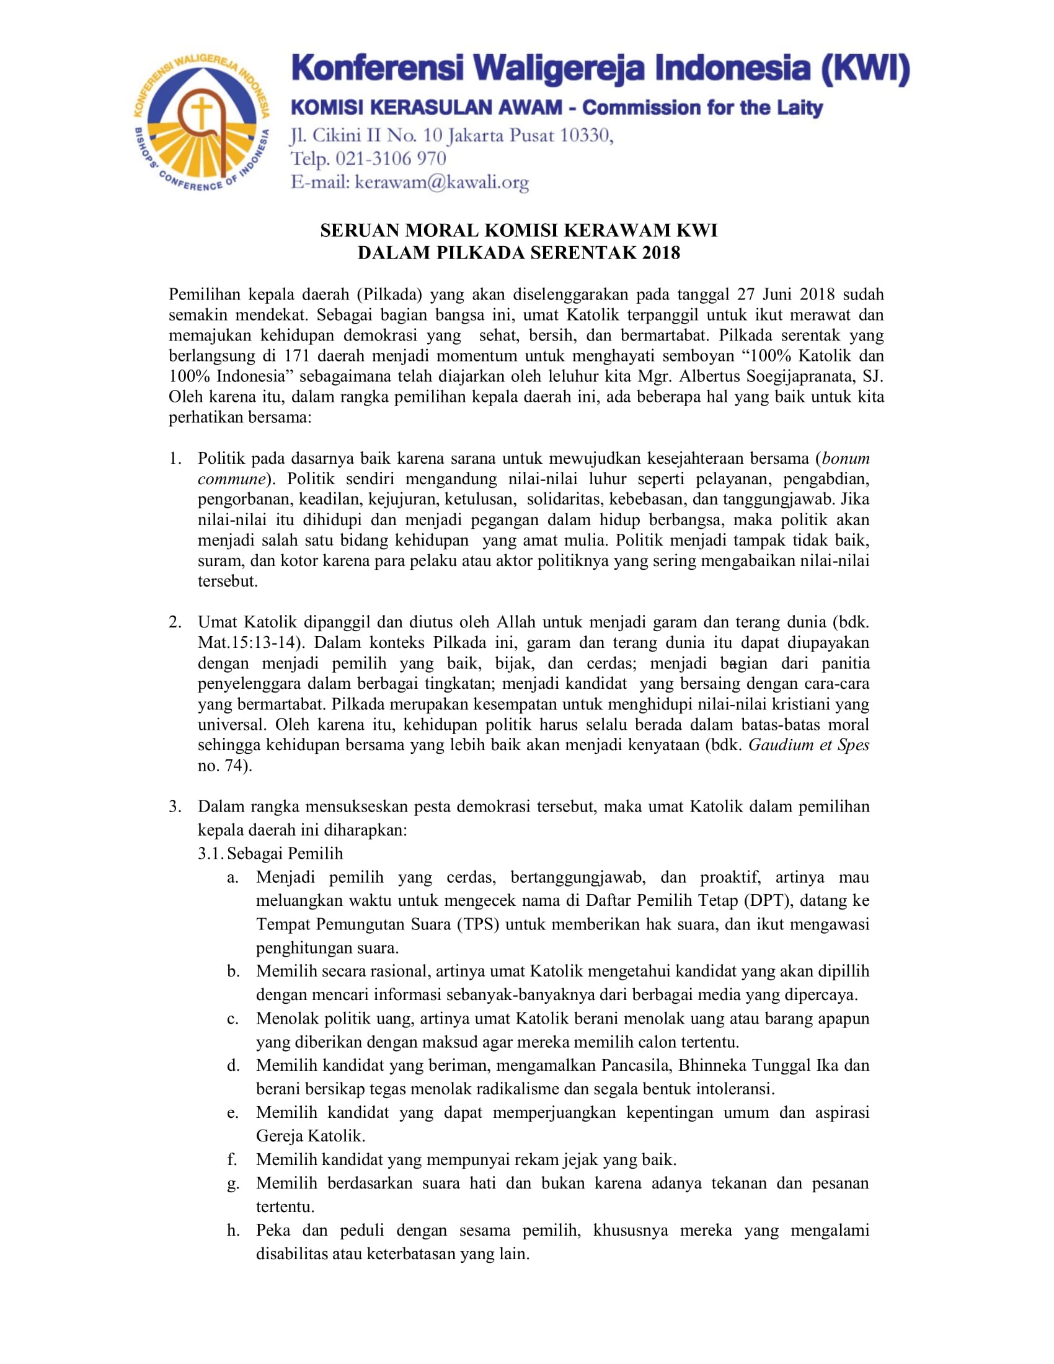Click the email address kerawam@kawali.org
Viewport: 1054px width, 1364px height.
click(x=441, y=182)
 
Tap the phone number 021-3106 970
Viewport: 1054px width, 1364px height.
click(x=391, y=159)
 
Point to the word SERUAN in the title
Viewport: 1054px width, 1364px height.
click(x=359, y=231)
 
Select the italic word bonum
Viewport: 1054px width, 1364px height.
click(x=846, y=458)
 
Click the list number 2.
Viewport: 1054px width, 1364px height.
click(x=175, y=622)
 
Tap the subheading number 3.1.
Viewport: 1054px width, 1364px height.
click(x=210, y=854)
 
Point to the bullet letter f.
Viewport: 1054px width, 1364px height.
click(x=232, y=1160)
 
